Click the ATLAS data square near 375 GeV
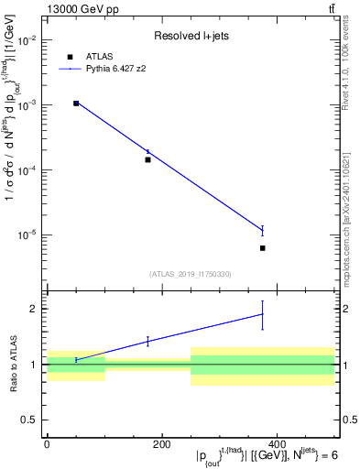click(263, 248)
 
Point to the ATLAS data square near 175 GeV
click(147, 159)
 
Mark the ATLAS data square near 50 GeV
click(76, 104)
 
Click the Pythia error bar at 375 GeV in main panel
click(263, 230)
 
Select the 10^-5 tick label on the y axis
click(28, 234)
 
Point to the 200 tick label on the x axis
click(162, 444)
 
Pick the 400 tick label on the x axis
click(277, 444)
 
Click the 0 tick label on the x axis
click(47, 444)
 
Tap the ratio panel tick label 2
click(35, 309)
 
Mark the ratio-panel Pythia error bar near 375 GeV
click(263, 314)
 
